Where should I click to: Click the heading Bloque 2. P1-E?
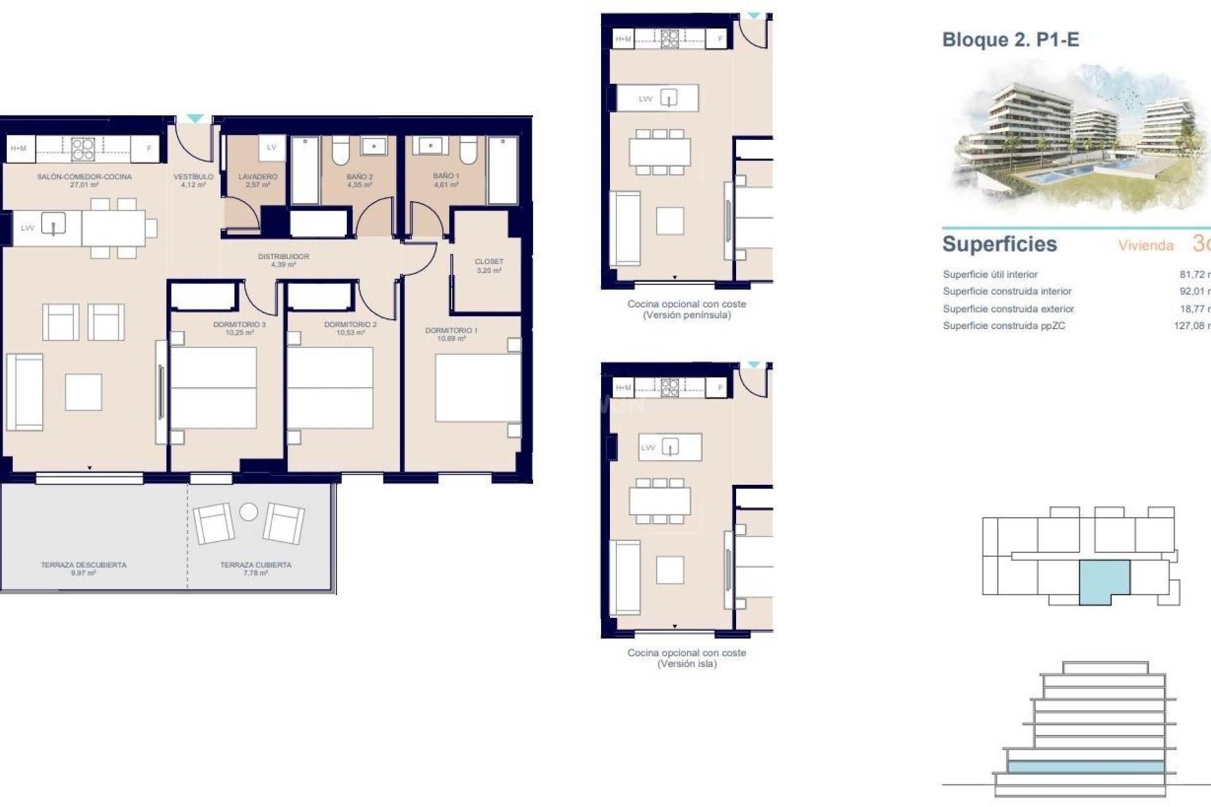[x=1010, y=40]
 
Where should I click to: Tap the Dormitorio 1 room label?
[x=451, y=334]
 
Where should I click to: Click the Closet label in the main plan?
[x=489, y=265]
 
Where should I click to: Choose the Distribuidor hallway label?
[x=283, y=260]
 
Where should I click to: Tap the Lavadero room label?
[x=257, y=180]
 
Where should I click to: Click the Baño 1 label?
[x=446, y=180]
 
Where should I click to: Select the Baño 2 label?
[x=360, y=180]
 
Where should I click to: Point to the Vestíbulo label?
[x=193, y=180]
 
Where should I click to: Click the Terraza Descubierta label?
[x=83, y=569]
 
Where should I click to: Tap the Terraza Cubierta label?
[x=255, y=569]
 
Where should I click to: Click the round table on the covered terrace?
[x=249, y=511]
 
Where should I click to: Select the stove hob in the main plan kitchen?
[x=83, y=149]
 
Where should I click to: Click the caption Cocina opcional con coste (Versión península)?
[x=686, y=309]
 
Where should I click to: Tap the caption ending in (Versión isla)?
[x=686, y=658]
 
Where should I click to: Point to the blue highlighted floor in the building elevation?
[x=1085, y=767]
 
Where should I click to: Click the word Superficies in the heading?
[x=999, y=244]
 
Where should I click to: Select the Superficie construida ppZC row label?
[x=1003, y=326]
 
